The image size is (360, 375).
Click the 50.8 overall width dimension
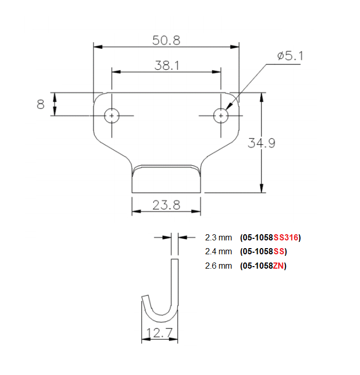tap(166, 40)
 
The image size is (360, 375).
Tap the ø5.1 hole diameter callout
tap(290, 56)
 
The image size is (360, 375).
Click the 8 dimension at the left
tap(41, 104)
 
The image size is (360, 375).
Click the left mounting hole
tap(112, 116)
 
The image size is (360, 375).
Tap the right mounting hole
tap(221, 116)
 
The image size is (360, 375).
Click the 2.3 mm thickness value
tap(219, 237)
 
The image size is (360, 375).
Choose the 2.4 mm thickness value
tap(219, 251)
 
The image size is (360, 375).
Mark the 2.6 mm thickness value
tap(219, 266)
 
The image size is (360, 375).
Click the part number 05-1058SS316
tap(270, 237)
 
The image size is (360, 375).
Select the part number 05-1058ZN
tap(263, 266)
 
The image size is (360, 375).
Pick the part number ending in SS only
tap(263, 251)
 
